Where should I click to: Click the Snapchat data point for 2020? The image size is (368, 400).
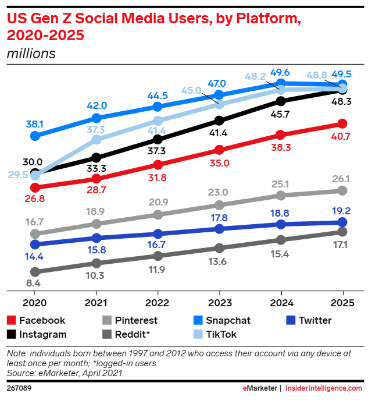point(35,136)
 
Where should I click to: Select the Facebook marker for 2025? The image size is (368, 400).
point(342,123)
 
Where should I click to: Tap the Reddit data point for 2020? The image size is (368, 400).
point(35,272)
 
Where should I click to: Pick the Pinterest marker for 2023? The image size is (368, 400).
point(219,205)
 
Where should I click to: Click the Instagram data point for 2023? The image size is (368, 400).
point(219,121)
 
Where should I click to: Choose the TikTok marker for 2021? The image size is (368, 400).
point(97,140)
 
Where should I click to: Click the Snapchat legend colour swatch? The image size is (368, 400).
point(198,320)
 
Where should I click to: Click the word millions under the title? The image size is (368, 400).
point(31,54)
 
